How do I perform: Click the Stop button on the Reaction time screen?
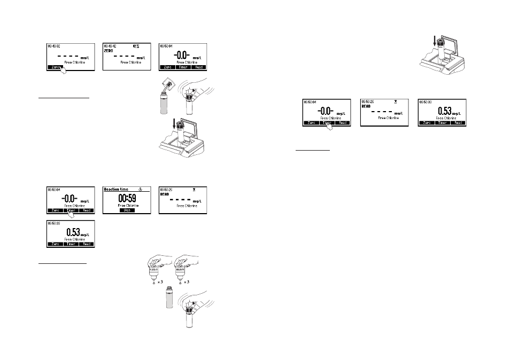pos(123,210)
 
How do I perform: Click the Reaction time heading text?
pos(117,189)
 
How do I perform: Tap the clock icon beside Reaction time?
pos(140,189)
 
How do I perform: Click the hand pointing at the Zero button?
pos(65,71)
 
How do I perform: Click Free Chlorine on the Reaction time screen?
pos(123,206)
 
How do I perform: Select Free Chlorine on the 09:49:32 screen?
pos(69,62)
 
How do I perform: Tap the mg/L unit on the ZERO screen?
pos(140,58)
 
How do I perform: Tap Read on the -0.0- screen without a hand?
pos(199,67)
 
